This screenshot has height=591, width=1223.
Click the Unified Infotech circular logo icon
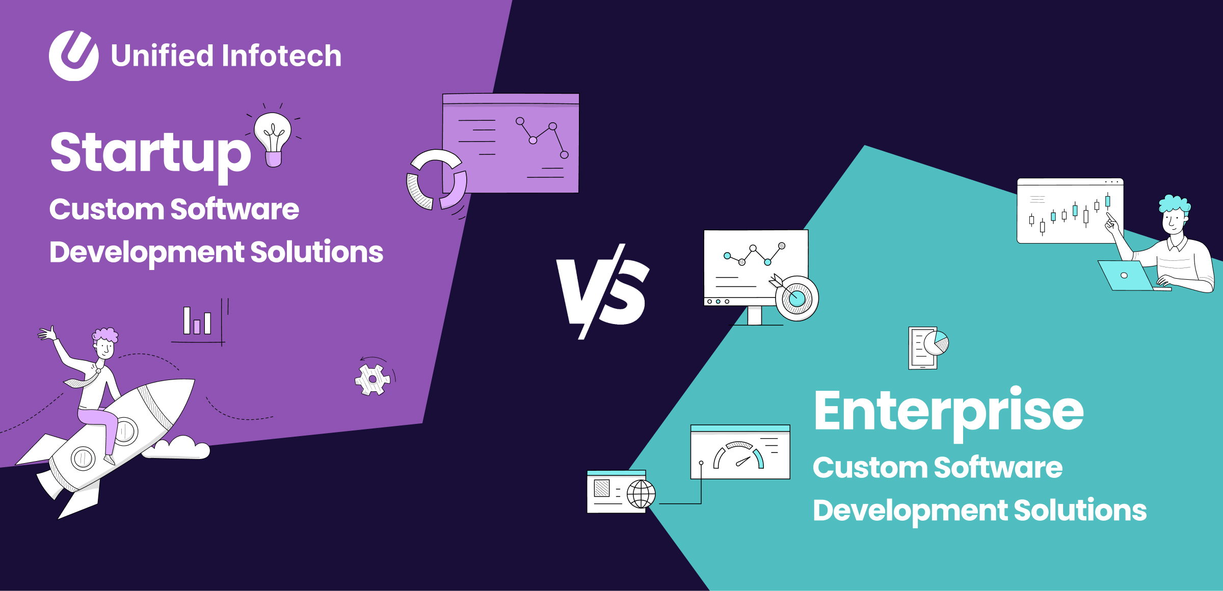coord(74,56)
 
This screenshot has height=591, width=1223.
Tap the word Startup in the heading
coord(150,153)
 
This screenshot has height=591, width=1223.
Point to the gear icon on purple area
coord(373,380)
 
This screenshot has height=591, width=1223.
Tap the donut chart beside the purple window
coord(436,180)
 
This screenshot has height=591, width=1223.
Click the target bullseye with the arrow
coord(796,298)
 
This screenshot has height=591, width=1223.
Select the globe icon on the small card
coord(641,494)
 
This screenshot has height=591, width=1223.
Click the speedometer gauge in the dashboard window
coord(738,455)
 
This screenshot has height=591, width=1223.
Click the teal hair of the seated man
coord(1174,204)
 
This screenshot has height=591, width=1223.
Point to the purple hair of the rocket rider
coord(105,335)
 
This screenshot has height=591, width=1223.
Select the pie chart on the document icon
coord(936,342)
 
